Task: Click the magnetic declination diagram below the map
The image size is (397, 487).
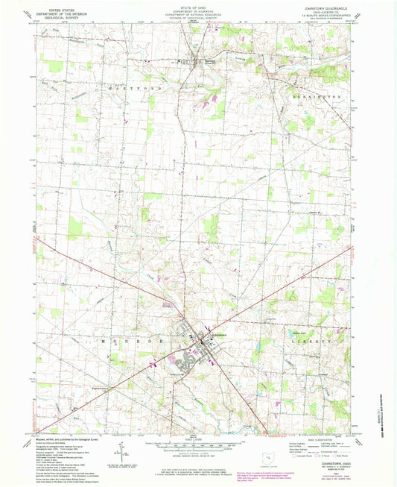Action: [119, 449]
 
